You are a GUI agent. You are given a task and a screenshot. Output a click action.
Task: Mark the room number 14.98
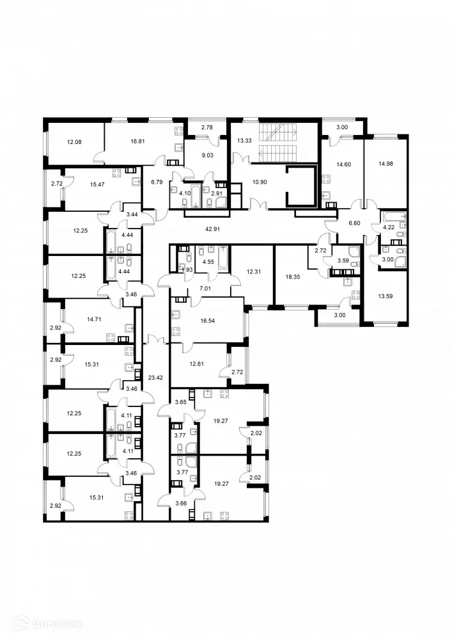386,163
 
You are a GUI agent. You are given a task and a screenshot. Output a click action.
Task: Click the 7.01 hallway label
205,289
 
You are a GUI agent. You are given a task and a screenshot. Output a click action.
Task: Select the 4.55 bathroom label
208,261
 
